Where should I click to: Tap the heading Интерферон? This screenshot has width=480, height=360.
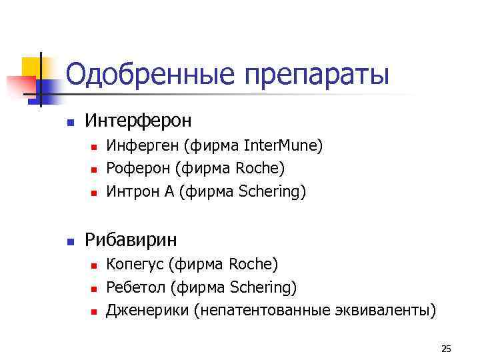(x=138, y=121)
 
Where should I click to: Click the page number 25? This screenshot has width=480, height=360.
(x=446, y=349)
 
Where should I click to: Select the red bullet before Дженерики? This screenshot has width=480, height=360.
(x=93, y=311)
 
